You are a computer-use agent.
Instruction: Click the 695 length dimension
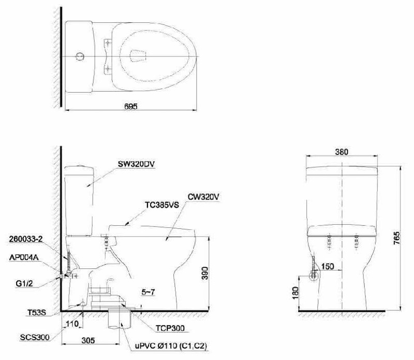131,106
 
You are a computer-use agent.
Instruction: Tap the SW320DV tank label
136,164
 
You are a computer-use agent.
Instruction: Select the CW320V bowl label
203,197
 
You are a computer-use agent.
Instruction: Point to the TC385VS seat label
162,205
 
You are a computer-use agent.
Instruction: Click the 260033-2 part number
25,239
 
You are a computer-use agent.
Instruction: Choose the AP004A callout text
24,257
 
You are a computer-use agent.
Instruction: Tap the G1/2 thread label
24,284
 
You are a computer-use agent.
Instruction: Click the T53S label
37,313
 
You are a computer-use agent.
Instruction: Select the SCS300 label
35,338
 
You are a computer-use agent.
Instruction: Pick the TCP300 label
170,328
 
